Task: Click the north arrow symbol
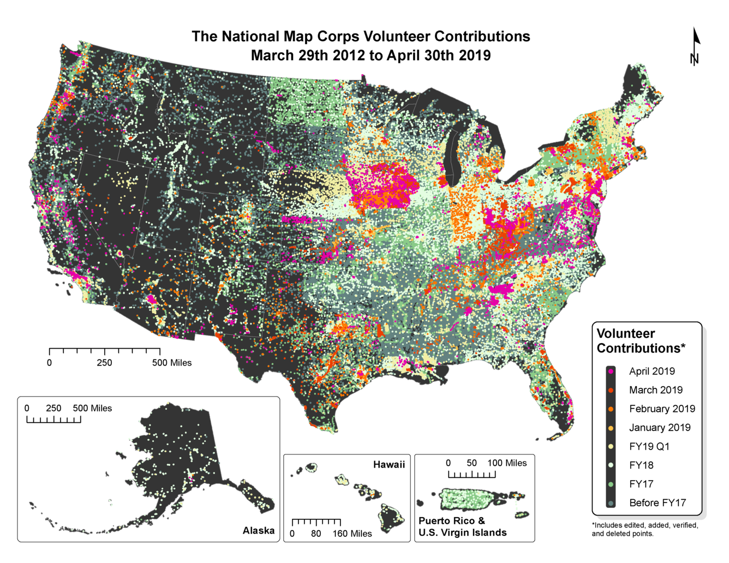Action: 695,47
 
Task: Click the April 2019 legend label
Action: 652,372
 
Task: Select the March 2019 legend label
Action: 655,390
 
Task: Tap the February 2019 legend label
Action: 662,409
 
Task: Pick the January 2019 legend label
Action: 660,428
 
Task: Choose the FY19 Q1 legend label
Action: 649,447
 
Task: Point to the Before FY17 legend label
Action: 658,503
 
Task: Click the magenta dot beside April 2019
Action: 611,372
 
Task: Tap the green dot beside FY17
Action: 611,484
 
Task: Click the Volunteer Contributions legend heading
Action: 641,341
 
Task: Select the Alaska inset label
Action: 258,531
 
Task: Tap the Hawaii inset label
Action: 389,465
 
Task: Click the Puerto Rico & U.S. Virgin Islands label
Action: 462,527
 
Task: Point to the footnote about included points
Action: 644,529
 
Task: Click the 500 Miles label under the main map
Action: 172,363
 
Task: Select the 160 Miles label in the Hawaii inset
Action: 352,534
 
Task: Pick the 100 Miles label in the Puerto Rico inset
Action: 507,463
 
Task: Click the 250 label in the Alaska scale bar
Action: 53,409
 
